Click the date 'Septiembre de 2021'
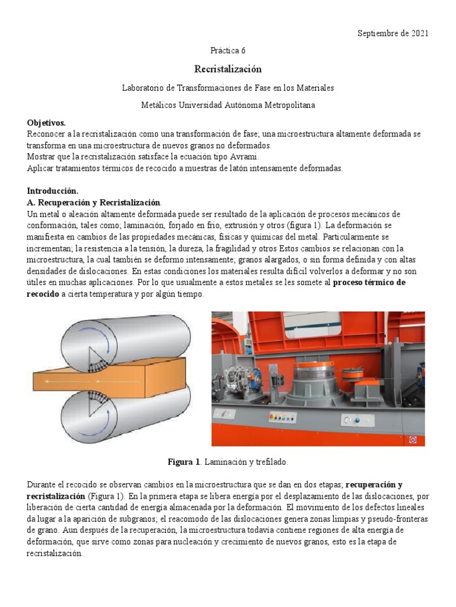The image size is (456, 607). pos(392,33)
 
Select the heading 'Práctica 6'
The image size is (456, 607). pos(228,50)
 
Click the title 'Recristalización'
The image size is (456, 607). pos(228,69)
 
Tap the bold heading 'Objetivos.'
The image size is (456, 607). pos(46,122)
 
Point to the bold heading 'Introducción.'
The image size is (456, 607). pos(53,190)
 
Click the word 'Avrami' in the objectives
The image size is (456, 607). pos(240,157)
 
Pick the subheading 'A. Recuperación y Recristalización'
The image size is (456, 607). pos(94,202)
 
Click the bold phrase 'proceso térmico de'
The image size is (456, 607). pos(369,282)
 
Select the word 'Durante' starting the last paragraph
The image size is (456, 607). pos(42,484)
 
